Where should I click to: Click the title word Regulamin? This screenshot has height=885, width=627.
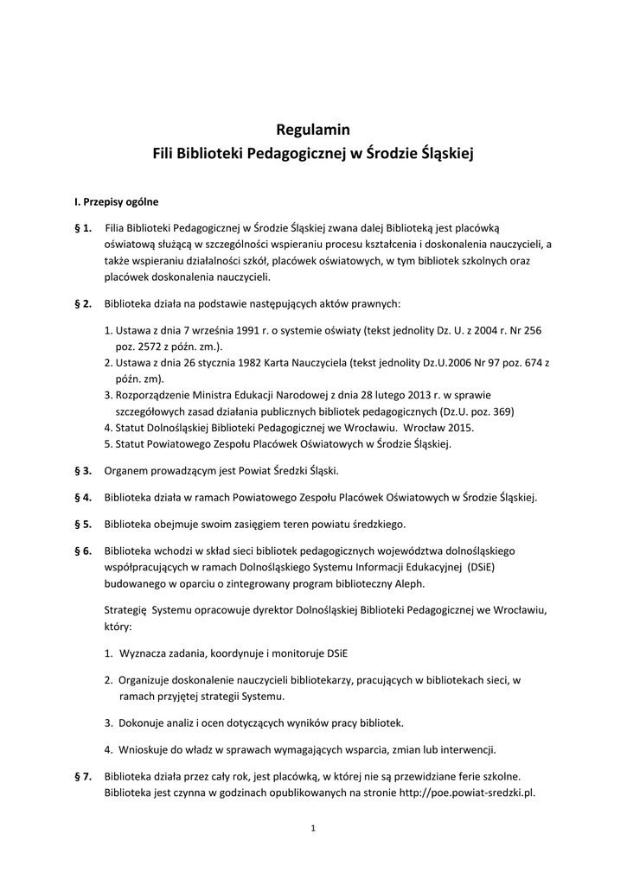pos(313,131)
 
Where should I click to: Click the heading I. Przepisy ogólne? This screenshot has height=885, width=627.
pos(117,202)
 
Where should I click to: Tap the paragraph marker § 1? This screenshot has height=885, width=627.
pos(84,227)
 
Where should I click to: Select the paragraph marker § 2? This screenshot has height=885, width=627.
pos(84,304)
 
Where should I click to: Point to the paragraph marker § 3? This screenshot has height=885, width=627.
pos(84,471)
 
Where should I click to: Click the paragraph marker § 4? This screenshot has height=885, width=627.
pos(84,497)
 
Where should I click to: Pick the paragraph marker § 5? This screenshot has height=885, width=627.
pos(84,524)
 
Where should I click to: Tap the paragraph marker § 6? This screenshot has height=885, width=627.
pos(84,550)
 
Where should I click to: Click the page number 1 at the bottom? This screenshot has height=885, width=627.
pos(313,829)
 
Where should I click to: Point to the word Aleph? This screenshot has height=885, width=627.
pos(406,583)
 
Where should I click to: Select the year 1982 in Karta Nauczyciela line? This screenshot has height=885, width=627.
pos(252,363)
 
